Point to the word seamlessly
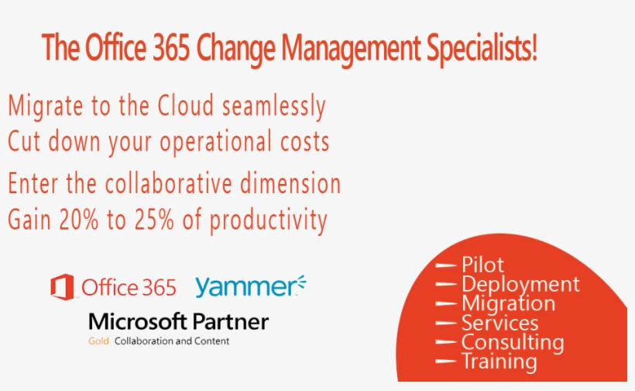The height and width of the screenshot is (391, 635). click(274, 107)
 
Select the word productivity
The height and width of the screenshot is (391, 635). click(270, 221)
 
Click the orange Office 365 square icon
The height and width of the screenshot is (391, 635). click(62, 287)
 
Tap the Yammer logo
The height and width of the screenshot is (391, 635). click(250, 286)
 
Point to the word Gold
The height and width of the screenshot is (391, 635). click(98, 341)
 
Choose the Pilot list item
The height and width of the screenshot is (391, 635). click(482, 265)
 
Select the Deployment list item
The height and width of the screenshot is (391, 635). click(520, 285)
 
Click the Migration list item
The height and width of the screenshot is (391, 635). click(508, 303)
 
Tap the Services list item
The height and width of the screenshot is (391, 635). click(499, 323)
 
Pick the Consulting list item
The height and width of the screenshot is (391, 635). click(512, 342)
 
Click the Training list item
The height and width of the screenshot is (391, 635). click(499, 362)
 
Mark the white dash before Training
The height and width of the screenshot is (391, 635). click(446, 362)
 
